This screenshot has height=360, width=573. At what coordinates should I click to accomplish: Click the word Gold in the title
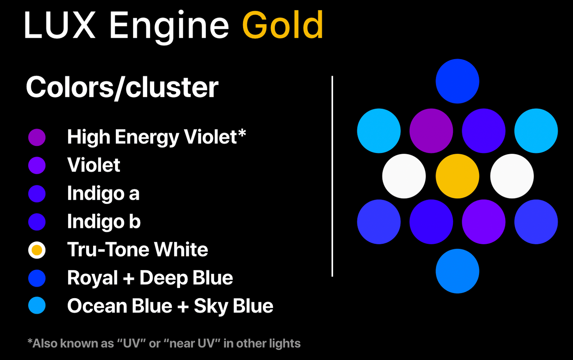pos(283,25)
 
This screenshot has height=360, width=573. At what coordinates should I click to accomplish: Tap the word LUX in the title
pos(59,25)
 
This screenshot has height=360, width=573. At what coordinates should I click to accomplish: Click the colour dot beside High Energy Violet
pos(37,137)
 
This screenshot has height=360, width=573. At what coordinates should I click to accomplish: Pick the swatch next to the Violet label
pos(37,165)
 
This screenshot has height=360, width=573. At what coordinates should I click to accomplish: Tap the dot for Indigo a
pos(37,193)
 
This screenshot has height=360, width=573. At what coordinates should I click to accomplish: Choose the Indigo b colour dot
pos(37,222)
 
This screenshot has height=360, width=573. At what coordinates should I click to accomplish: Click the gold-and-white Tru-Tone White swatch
pos(37,250)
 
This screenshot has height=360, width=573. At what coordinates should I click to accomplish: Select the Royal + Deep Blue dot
pos(37,278)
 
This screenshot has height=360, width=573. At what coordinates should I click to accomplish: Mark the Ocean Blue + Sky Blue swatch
pos(37,305)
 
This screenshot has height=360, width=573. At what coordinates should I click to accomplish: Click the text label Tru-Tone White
pos(138,249)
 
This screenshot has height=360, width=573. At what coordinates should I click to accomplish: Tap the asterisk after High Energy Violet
pos(242,133)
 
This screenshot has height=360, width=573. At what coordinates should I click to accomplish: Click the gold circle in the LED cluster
pos(457,176)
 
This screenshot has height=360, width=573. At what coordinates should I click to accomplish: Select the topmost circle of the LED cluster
pos(457,81)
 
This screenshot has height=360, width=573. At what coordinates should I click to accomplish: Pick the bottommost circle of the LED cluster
pos(457,271)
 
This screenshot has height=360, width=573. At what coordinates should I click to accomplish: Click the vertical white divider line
pos(332,176)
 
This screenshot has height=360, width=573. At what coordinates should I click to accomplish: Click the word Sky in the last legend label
pos(211,306)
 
